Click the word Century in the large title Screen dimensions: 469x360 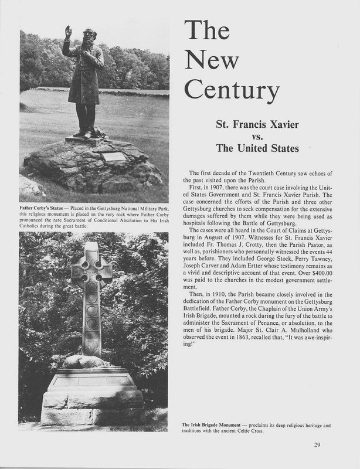[230, 91]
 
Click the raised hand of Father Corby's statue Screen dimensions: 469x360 [69, 31]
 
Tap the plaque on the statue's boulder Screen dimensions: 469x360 [114, 157]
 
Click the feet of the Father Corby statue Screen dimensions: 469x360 [86, 133]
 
